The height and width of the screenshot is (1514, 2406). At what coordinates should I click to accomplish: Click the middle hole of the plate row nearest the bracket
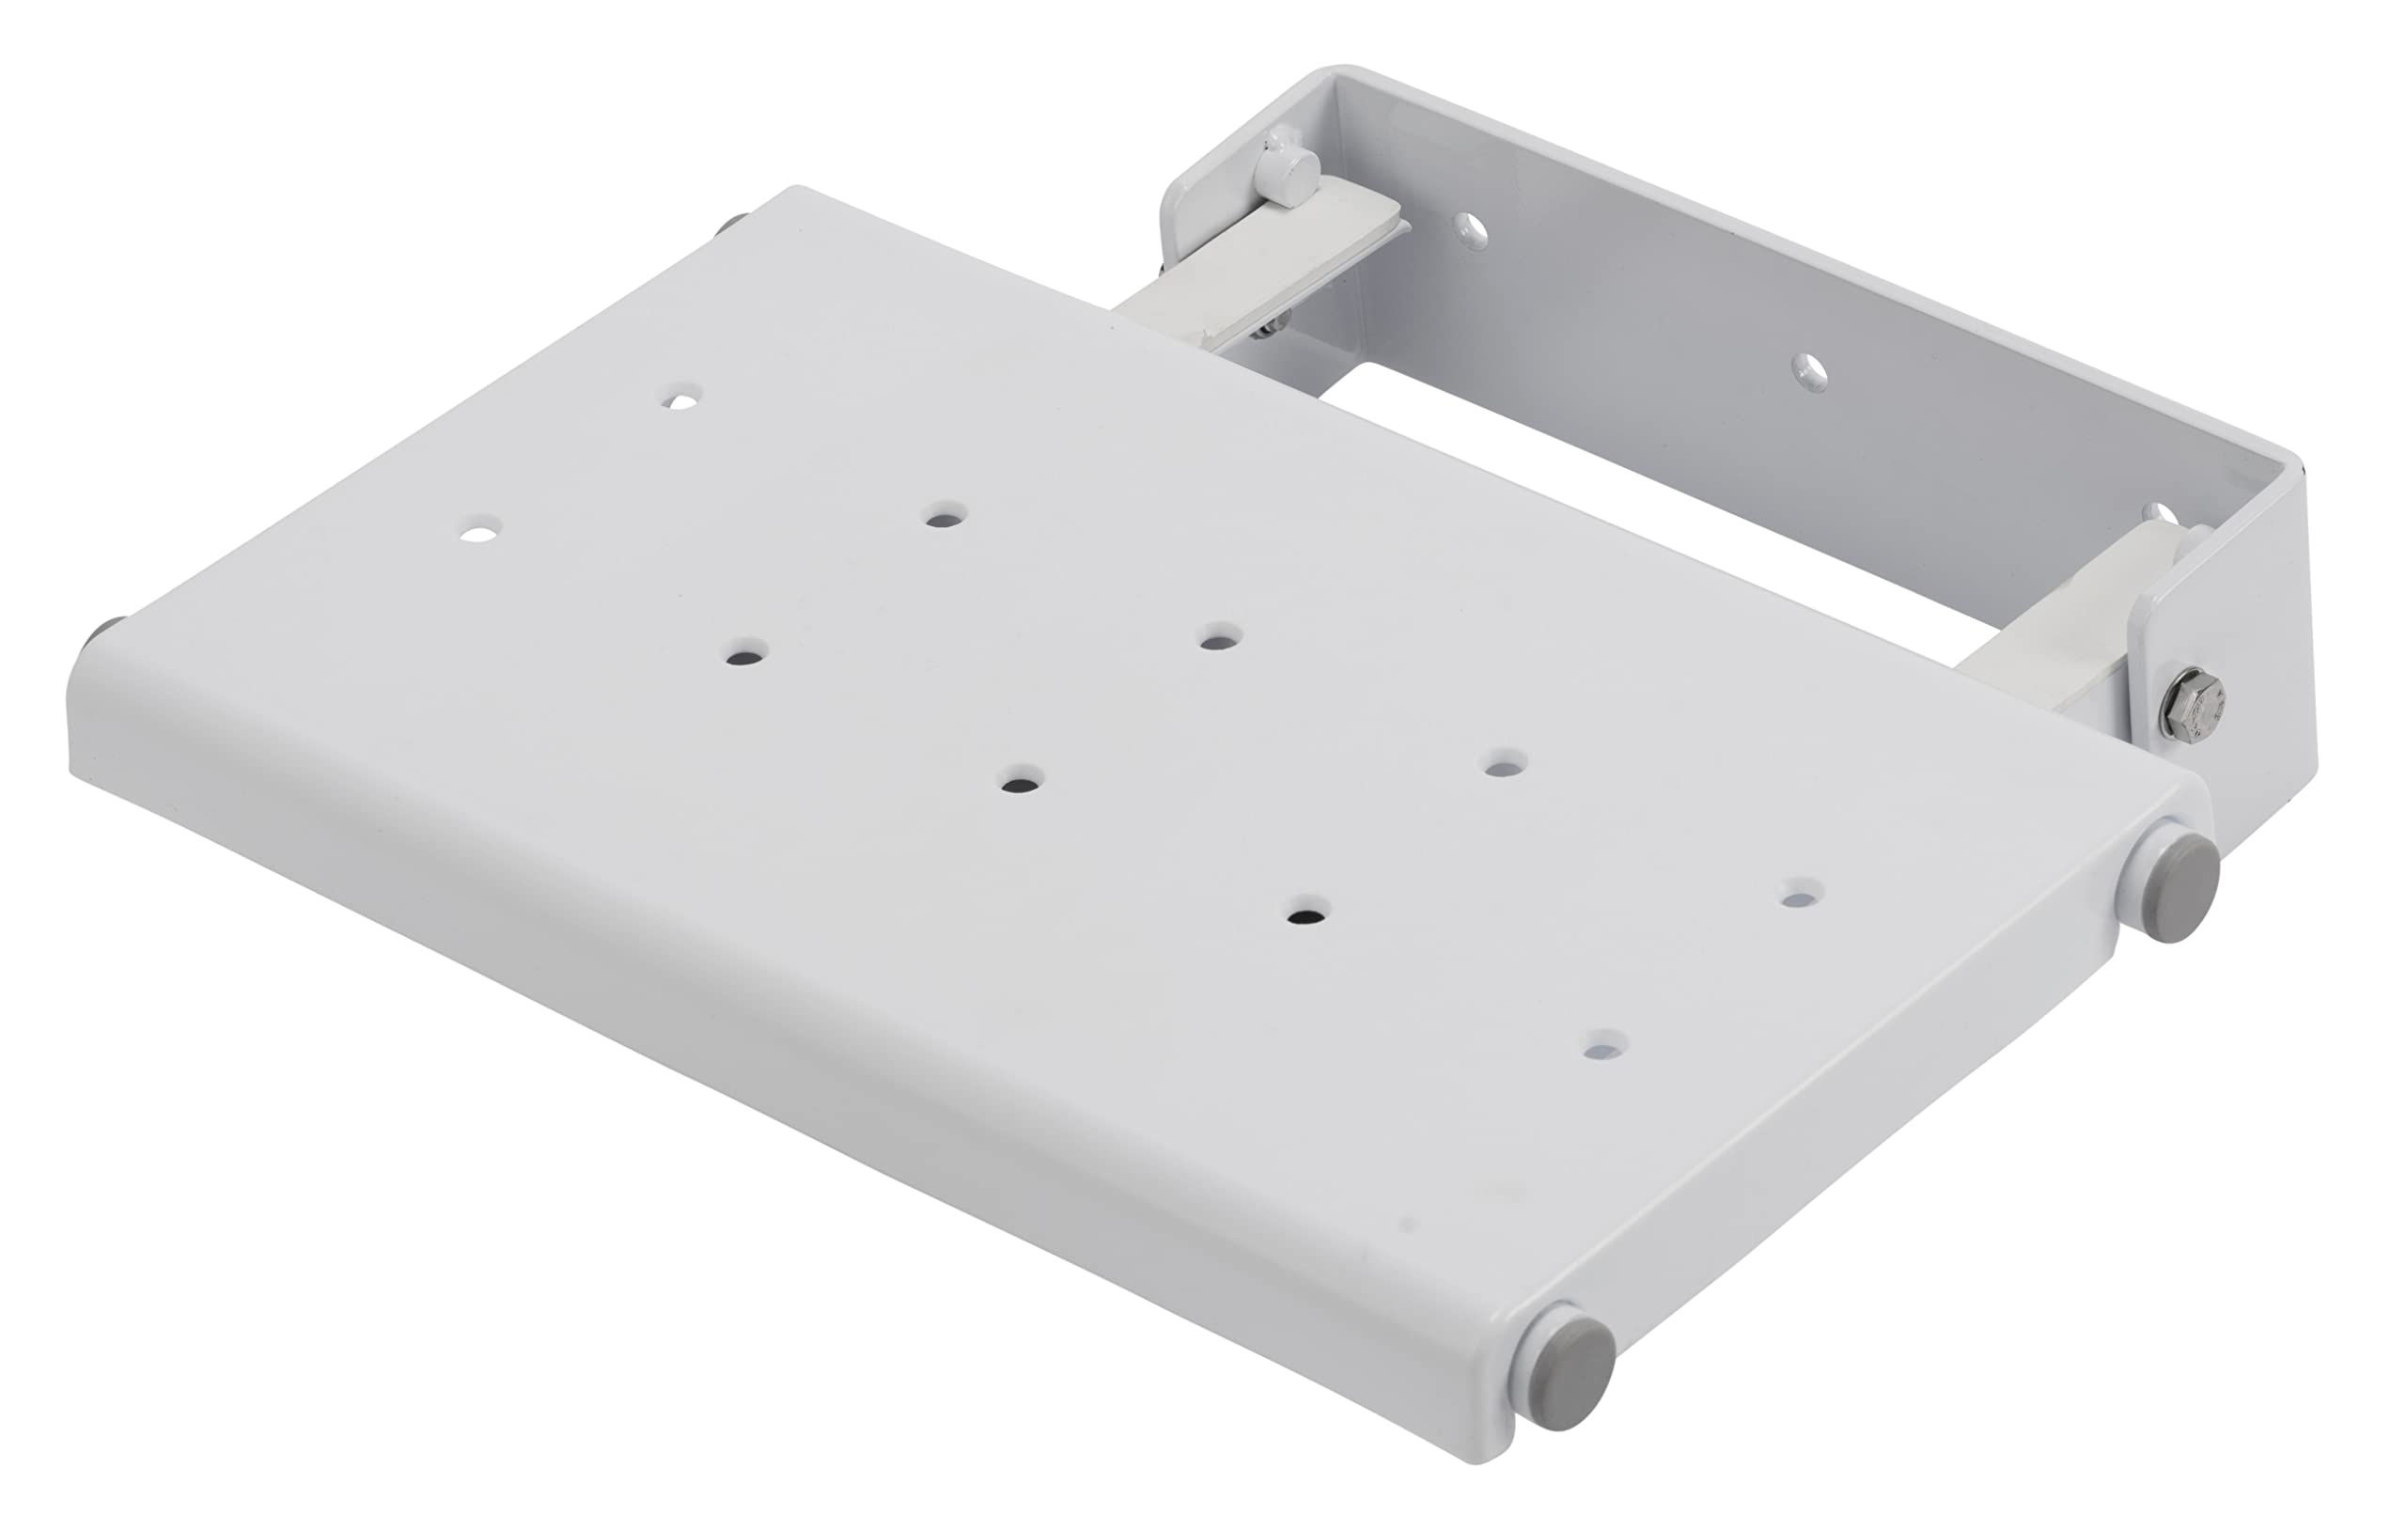(1221, 636)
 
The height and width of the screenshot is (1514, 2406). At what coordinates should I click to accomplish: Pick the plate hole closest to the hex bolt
(1802, 893)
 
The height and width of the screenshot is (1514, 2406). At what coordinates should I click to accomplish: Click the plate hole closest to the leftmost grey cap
(481, 525)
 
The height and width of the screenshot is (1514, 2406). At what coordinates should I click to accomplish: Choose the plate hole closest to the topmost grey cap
(682, 398)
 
